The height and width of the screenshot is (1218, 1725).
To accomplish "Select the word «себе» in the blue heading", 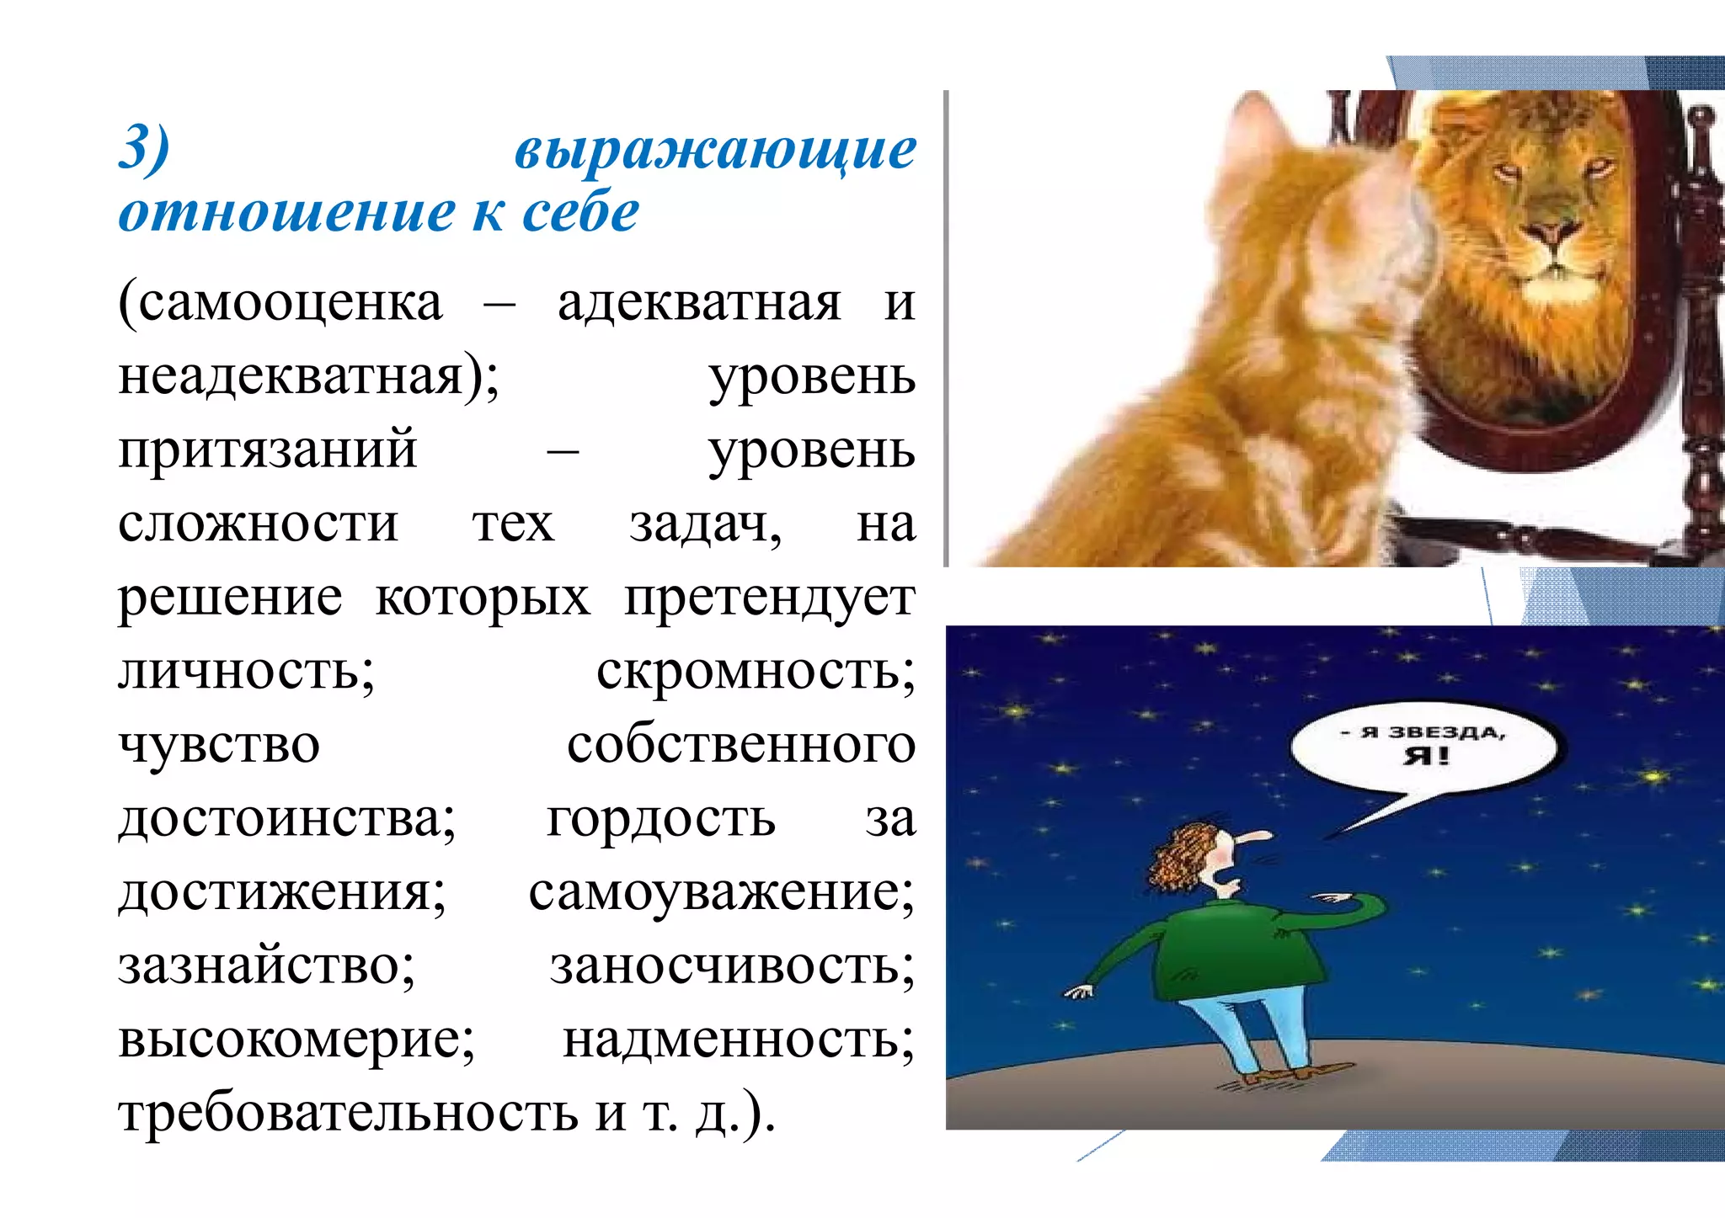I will click(580, 213).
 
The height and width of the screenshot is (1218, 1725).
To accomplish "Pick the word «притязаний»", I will click(268, 449).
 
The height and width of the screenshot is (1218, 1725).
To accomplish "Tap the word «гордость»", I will click(660, 818).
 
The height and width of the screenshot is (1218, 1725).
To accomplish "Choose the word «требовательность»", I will click(347, 1113).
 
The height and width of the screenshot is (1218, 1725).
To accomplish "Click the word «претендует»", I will click(768, 598).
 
